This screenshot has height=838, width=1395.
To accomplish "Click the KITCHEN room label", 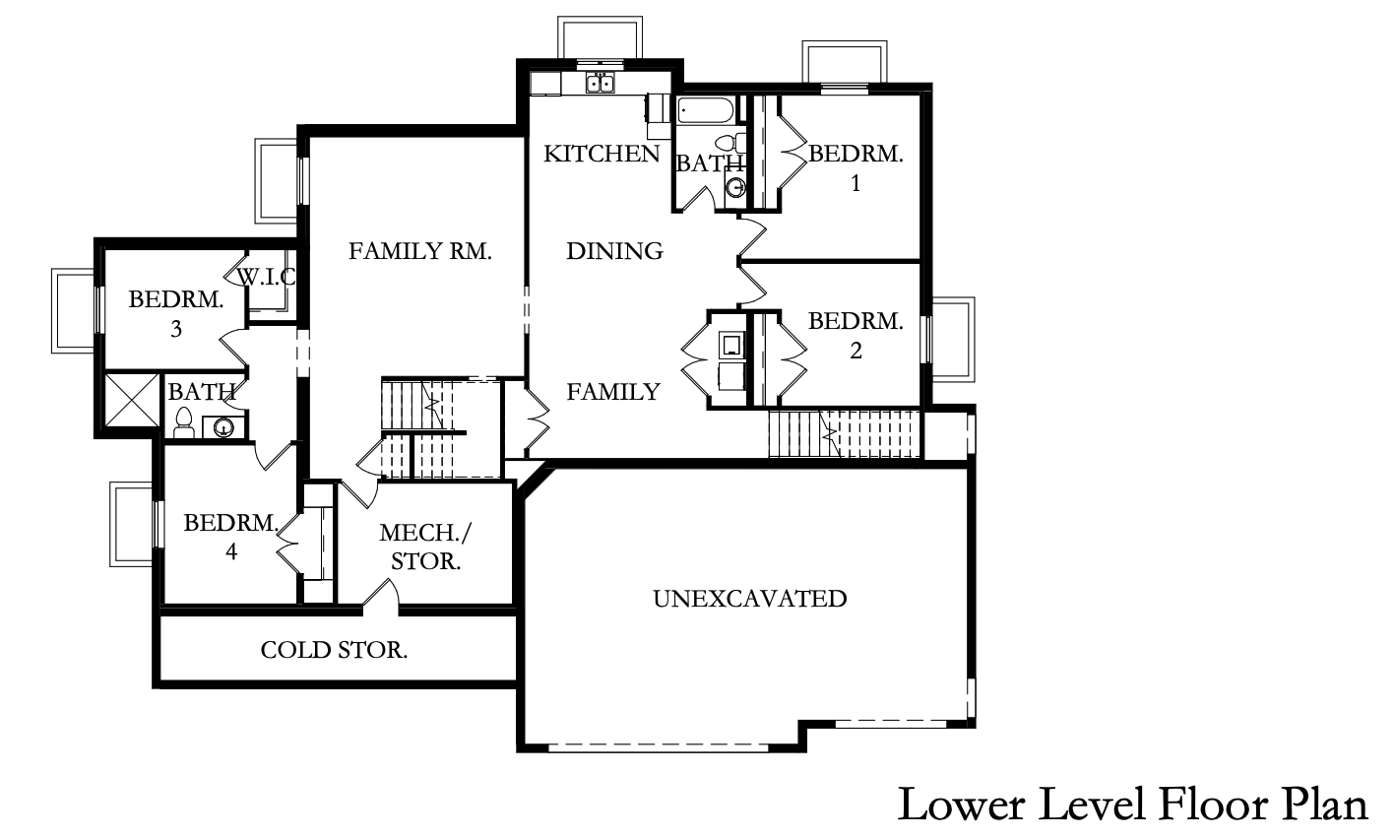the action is coord(602,154).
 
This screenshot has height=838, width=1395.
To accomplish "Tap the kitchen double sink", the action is coord(601,83).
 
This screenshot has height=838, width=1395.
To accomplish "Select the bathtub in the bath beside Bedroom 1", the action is coord(707,111).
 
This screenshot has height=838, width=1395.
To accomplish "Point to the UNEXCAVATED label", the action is coord(750,599).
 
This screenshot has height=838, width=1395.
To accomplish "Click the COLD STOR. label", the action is coord(334,650).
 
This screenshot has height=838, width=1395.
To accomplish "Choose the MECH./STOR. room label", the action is coord(426,548).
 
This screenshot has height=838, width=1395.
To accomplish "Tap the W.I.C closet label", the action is coord(267,277).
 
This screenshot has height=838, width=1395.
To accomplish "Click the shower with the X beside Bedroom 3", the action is coord(132,400).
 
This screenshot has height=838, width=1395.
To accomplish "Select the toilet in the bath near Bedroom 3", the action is coord(184,423).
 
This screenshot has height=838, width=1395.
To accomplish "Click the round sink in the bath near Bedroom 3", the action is coord(223,427).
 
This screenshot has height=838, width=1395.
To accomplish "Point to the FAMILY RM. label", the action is coord(420,251).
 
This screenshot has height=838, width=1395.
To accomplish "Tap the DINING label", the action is coord(614,251).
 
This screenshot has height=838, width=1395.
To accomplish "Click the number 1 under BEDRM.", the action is coord(856,183).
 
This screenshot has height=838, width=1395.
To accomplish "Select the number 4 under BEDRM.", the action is coord(231,551).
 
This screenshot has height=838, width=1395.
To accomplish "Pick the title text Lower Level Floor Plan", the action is coord(1132,805).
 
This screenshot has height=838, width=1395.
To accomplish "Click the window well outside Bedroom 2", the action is coord(953,340).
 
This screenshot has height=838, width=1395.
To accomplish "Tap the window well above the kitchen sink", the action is coord(600,38).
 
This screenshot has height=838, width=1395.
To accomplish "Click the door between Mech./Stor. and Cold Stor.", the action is coord(381,596).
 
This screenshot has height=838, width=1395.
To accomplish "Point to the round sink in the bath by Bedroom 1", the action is coord(736,187).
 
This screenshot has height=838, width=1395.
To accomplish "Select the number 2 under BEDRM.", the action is coord(856,351).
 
